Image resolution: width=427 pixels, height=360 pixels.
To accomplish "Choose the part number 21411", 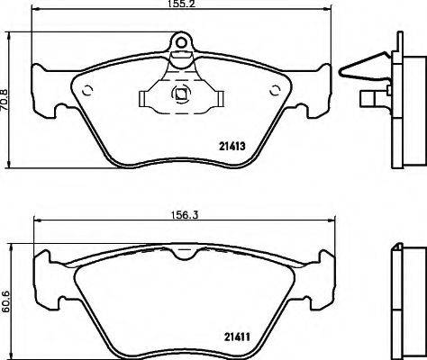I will (234, 338).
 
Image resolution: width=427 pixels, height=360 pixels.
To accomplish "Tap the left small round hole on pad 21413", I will (88, 88).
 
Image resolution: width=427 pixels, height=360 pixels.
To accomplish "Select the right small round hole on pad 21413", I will (275, 88).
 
